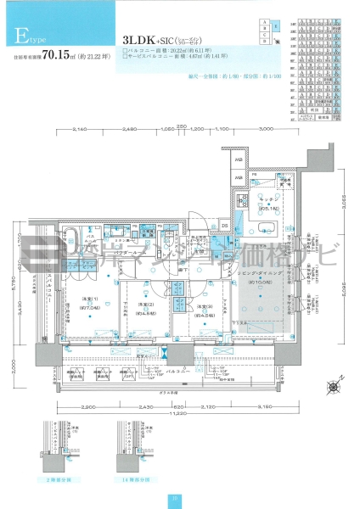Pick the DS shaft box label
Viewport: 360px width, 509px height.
coord(224,225)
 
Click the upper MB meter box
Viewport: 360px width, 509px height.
coord(239,160)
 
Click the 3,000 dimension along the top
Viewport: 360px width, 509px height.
coord(266,128)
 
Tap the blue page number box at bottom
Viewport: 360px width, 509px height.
coord(173,499)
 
